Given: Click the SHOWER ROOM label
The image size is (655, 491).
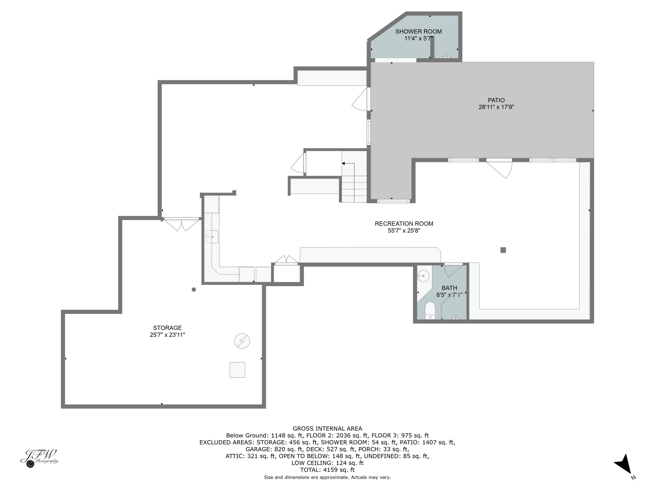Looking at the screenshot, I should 418,31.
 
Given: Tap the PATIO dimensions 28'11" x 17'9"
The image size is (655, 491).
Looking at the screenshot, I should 496,107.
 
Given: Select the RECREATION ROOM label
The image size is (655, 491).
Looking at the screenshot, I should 404,224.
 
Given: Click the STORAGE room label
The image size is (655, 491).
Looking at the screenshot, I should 167,328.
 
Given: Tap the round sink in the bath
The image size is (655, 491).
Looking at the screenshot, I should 423,276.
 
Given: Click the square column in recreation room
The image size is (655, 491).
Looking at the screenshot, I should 503,250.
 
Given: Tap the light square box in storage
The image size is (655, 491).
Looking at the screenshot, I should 237,370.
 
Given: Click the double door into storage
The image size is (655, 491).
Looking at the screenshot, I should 181,224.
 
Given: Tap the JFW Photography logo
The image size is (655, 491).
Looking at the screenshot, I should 39,458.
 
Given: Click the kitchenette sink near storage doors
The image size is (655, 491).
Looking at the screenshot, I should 212,237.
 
